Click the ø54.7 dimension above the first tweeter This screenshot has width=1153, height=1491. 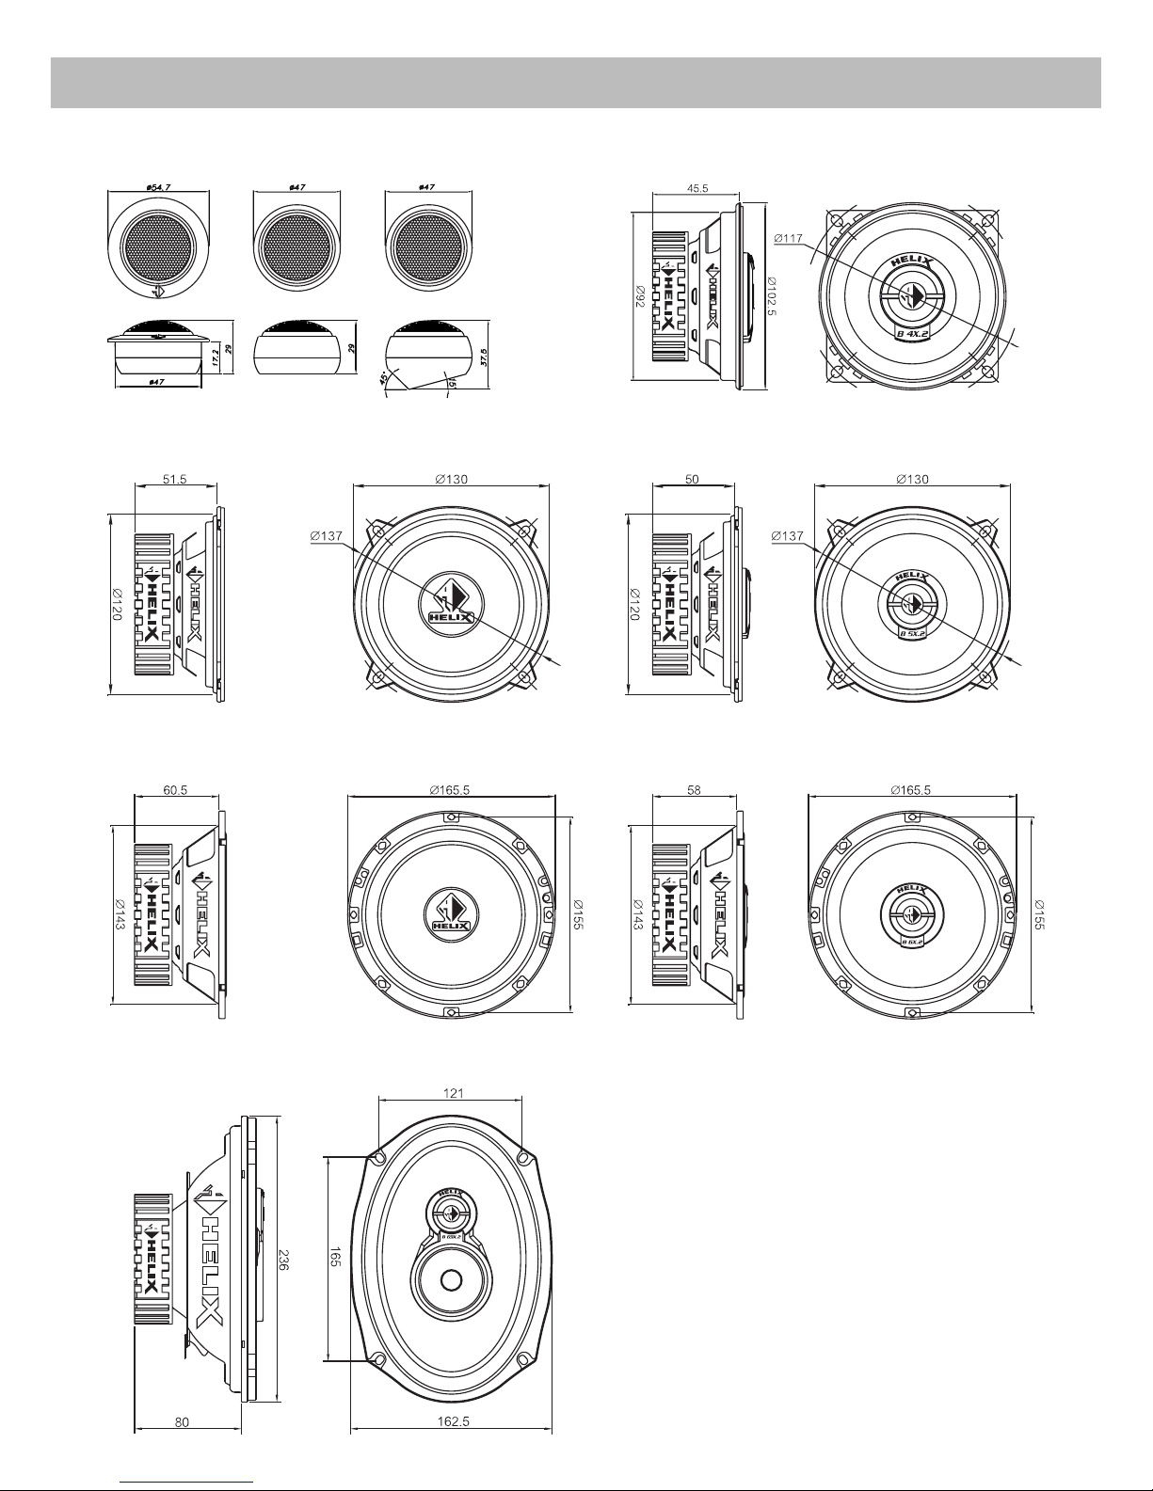pyautogui.click(x=157, y=187)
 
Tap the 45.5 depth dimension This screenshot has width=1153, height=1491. pyautogui.click(x=697, y=188)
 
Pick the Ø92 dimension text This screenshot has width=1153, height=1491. pyautogui.click(x=640, y=298)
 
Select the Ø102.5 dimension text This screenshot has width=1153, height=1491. pyautogui.click(x=771, y=300)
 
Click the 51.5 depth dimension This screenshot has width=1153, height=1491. pyautogui.click(x=175, y=479)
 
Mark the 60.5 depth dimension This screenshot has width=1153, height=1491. pyautogui.click(x=175, y=790)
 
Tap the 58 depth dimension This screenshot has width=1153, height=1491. pyautogui.click(x=693, y=790)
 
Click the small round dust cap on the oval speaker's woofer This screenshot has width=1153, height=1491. pyautogui.click(x=451, y=1279)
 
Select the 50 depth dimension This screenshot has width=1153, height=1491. pyautogui.click(x=692, y=479)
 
